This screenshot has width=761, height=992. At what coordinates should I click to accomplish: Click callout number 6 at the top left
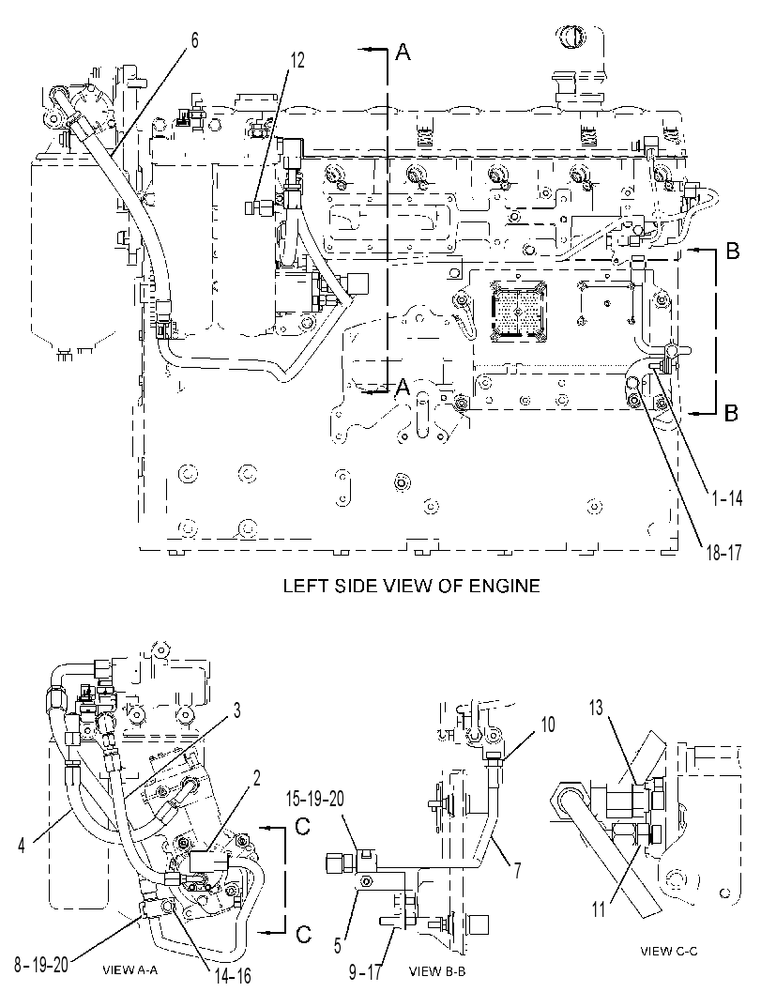(194, 40)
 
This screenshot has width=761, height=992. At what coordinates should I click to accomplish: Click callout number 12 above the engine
(297, 60)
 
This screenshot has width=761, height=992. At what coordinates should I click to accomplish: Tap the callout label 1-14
(727, 498)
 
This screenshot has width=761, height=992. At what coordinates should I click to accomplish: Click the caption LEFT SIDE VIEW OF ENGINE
(411, 586)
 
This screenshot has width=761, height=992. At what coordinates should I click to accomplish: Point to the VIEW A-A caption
(130, 969)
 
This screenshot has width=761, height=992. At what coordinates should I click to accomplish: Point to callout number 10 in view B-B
(547, 724)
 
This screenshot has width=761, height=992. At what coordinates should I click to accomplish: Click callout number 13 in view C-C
(597, 709)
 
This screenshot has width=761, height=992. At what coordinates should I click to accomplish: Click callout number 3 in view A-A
(237, 710)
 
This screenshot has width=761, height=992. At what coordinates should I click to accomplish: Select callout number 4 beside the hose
(22, 846)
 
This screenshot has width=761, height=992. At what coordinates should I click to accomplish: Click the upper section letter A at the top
(403, 53)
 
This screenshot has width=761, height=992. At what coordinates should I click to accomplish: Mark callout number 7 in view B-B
(516, 871)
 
